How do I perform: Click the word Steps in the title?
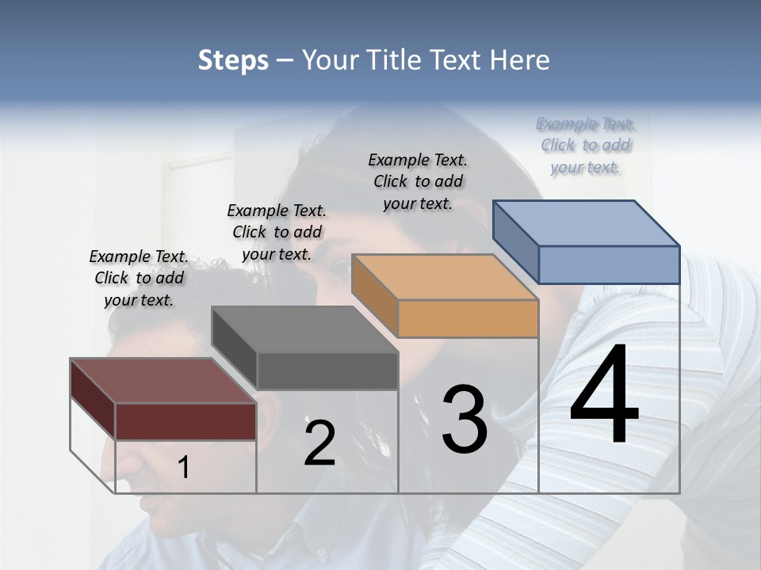(x=233, y=60)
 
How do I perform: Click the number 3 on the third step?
(x=464, y=420)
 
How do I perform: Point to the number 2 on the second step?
(x=319, y=443)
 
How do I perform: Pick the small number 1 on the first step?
(x=184, y=468)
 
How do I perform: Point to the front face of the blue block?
(x=609, y=264)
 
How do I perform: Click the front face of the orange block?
(x=468, y=319)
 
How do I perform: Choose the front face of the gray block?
(x=327, y=371)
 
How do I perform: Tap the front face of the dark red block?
(x=185, y=421)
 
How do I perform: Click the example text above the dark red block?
(x=139, y=278)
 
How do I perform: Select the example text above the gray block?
(x=277, y=232)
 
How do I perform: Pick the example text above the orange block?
(x=418, y=181)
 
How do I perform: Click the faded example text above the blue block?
(x=586, y=145)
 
